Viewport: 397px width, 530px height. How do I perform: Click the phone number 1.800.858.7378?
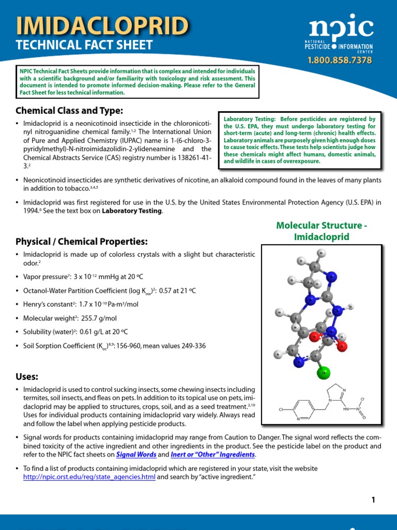[x=340, y=60]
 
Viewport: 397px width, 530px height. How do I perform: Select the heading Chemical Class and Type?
[x=69, y=110]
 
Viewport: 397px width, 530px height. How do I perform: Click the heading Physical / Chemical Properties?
[x=82, y=242]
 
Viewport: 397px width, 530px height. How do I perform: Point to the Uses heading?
[x=27, y=376]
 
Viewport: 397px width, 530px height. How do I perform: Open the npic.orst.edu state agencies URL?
[x=89, y=477]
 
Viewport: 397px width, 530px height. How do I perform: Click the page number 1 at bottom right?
[x=373, y=499]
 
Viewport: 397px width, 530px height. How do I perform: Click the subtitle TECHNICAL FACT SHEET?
[x=84, y=45]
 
